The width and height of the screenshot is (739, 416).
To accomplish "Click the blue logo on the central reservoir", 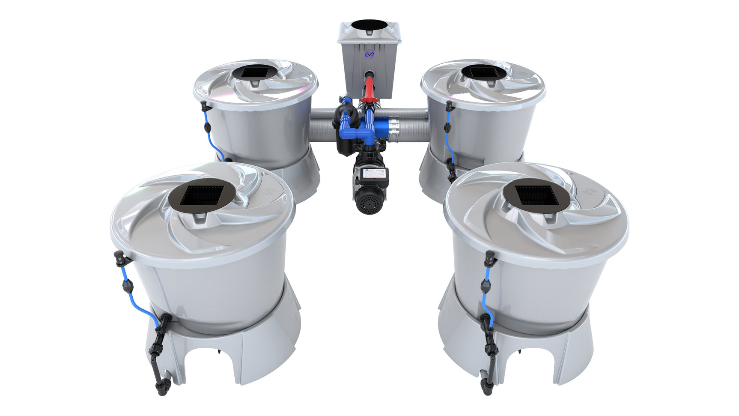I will (x=369, y=54).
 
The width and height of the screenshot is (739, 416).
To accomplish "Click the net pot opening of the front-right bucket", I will (x=536, y=195).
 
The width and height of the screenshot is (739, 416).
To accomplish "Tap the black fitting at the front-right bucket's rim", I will (x=489, y=257).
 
